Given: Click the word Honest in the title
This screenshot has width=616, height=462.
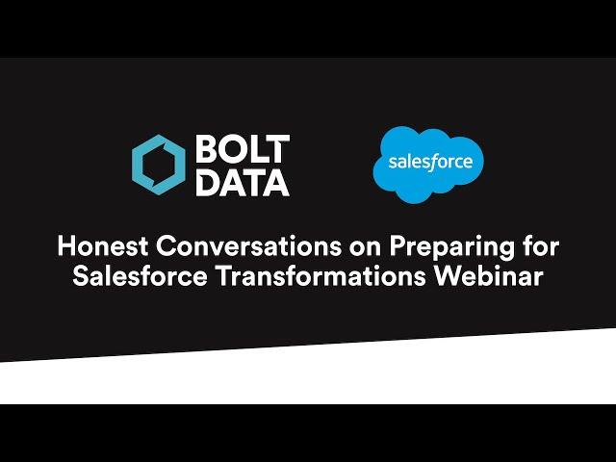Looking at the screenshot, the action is [103, 246].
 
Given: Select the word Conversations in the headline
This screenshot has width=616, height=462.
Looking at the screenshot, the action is [248, 246].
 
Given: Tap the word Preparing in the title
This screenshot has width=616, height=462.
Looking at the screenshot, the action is [451, 248].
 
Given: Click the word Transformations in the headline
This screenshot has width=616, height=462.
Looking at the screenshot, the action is [321, 276].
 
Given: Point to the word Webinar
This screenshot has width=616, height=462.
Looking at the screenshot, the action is [489, 276].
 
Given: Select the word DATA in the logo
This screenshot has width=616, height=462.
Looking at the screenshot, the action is [243, 183].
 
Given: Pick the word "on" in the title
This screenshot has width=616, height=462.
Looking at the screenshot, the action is [365, 248].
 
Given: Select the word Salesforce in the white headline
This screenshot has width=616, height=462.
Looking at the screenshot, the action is [140, 276].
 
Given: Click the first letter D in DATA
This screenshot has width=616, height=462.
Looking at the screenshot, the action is [207, 183].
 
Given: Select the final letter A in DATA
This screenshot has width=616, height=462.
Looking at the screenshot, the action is [276, 183].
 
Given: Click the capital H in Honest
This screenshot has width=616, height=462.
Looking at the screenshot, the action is [66, 246].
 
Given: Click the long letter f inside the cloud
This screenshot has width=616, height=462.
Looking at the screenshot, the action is [432, 163].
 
